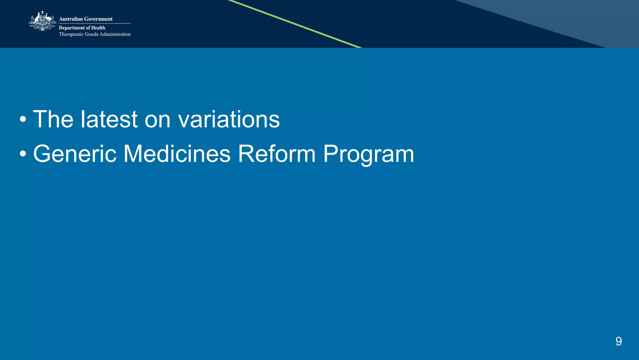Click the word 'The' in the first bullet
pos(53,119)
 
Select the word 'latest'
pos(109,119)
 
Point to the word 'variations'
pos(229,119)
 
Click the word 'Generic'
pos(75,154)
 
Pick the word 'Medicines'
pos(177,154)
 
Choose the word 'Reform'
pos(277,154)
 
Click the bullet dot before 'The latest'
pos(23,120)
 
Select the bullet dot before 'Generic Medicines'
pos(23,154)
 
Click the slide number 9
pos(618,341)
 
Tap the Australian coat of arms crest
pos(42,21)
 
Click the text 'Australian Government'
pos(85,19)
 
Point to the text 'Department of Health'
pos(82,28)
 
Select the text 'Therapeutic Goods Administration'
pos(95,34)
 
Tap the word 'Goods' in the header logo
pos(92,34)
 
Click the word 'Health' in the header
pos(98,28)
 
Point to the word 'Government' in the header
pos(98,19)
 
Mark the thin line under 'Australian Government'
pos(95,23)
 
